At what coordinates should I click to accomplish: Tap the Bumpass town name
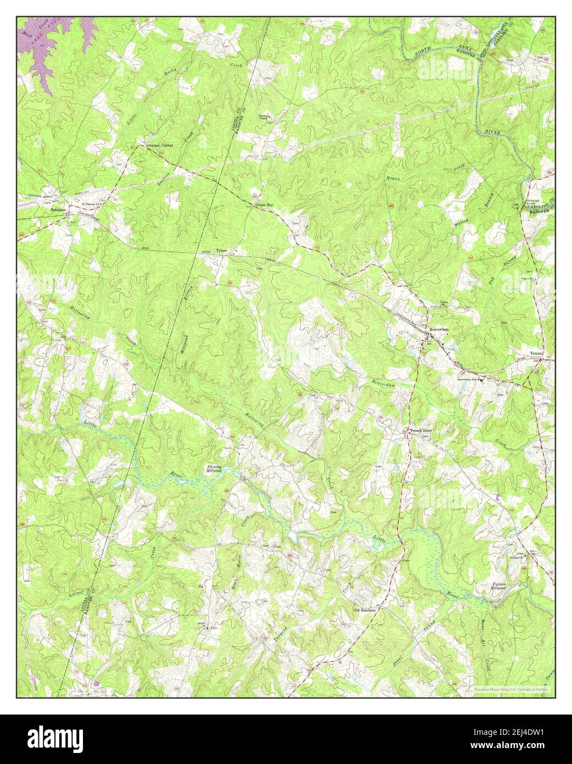click(58, 210)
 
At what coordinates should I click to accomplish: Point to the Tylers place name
click(221, 250)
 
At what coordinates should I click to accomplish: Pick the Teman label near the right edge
click(536, 353)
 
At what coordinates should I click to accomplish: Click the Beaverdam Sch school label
click(468, 379)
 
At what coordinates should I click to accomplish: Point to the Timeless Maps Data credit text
click(510, 688)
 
